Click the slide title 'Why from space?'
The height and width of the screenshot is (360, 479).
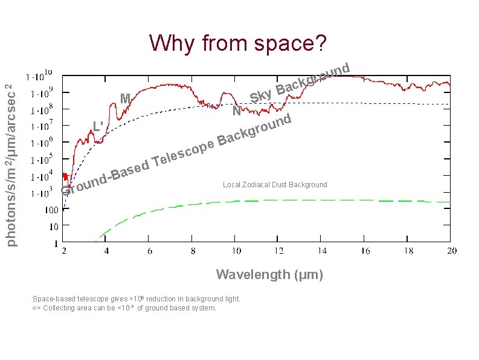click(x=239, y=43)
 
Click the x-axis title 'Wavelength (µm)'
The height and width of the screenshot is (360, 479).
click(x=269, y=275)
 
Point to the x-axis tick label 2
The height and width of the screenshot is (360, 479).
click(x=64, y=251)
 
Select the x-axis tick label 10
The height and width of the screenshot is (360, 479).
click(x=236, y=251)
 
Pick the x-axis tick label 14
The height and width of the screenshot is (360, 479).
click(x=321, y=251)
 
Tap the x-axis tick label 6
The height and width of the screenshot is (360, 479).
click(x=150, y=251)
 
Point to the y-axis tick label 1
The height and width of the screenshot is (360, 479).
click(x=56, y=243)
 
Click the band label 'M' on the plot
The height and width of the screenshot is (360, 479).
click(x=125, y=98)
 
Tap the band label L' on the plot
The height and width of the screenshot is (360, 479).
click(x=98, y=127)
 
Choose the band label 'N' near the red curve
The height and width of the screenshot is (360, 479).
click(x=237, y=112)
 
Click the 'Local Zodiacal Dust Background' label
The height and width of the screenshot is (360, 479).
click(x=275, y=185)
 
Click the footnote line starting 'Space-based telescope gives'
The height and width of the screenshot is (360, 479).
click(x=137, y=299)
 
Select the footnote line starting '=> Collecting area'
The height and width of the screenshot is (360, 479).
click(x=124, y=308)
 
